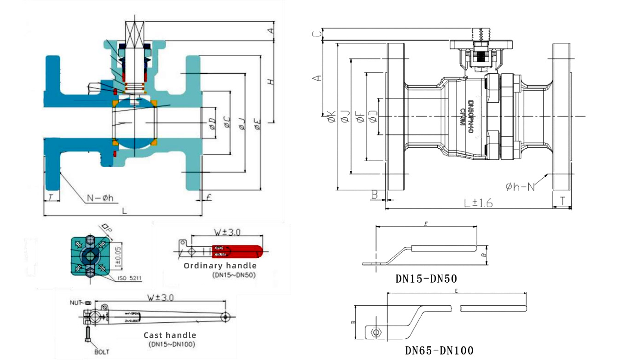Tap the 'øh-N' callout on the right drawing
pyautogui.click(x=520, y=186)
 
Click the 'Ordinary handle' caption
pyautogui.click(x=220, y=266)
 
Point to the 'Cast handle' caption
pyautogui.click(x=170, y=335)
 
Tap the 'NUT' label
pyautogui.click(x=75, y=302)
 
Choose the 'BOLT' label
pyautogui.click(x=102, y=351)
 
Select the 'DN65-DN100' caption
pyautogui.click(x=439, y=351)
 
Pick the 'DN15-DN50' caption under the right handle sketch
pyautogui.click(x=426, y=279)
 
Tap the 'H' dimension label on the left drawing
pyautogui.click(x=271, y=81)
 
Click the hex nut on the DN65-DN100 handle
pyautogui.click(x=376, y=332)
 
